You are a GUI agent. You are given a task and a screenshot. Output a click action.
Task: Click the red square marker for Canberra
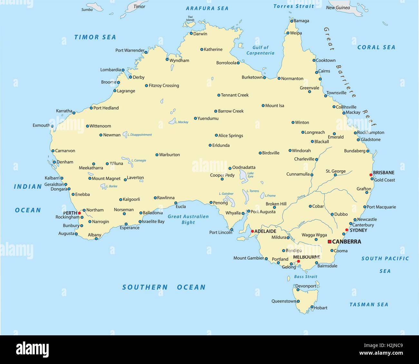[329, 242]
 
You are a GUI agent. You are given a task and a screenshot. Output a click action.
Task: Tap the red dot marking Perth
[79, 213]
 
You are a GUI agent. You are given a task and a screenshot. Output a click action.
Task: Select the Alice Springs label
[230, 136]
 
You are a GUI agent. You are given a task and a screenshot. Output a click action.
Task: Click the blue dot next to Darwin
[191, 34]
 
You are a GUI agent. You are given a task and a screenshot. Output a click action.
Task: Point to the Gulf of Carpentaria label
[260, 50]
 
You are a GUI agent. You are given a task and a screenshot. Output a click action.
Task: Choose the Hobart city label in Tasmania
[320, 308]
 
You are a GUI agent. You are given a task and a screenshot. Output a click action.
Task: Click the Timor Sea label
[95, 37]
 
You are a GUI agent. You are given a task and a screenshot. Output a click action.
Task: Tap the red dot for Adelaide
[252, 231]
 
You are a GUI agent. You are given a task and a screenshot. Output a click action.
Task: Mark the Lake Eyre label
[250, 175]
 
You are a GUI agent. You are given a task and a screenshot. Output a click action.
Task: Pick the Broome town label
[109, 82]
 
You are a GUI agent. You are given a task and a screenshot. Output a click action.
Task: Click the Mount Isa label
[275, 105]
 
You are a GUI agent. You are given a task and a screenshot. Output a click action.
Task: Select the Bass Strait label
[306, 276]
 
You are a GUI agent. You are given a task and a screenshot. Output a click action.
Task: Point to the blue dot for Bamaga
[292, 21]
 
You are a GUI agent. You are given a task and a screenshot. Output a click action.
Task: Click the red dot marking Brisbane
[371, 175]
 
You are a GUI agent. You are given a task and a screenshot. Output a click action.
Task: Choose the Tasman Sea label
[369, 304]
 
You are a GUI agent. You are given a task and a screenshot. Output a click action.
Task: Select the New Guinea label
[338, 8]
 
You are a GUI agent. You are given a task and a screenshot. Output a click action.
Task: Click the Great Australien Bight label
[188, 219]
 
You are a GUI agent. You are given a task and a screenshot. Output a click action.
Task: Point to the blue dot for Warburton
[157, 155]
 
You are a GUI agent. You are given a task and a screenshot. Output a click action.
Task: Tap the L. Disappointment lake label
[140, 135]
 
